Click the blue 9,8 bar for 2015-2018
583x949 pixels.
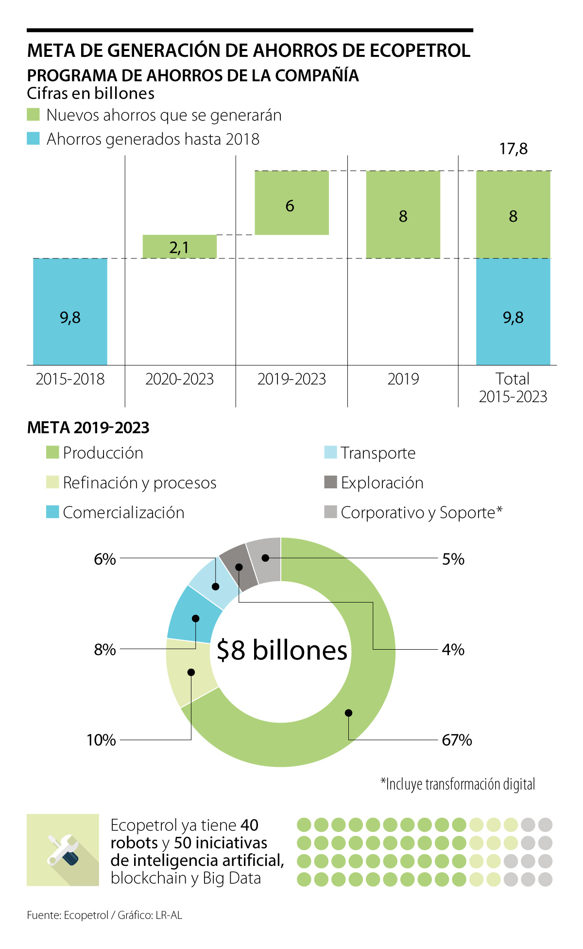coord(70,311)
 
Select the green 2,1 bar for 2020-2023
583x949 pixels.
coord(179,246)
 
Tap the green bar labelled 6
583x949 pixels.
coord(291,203)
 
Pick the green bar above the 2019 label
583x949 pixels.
coord(403,214)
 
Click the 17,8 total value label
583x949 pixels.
coord(513,149)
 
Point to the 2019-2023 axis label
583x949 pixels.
coord(291,379)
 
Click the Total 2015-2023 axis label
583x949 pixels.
coord(513,388)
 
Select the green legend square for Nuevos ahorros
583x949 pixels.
coord(33,115)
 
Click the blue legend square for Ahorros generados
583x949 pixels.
coord(33,138)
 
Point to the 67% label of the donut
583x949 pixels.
coord(457,740)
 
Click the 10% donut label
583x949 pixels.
coord(101,740)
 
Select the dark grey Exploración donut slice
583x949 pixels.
coord(238,567)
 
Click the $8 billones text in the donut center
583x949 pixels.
coord(282,650)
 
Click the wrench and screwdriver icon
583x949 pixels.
coord(63,850)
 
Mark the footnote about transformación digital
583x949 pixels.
coord(458,784)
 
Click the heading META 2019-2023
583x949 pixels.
coord(88,428)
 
